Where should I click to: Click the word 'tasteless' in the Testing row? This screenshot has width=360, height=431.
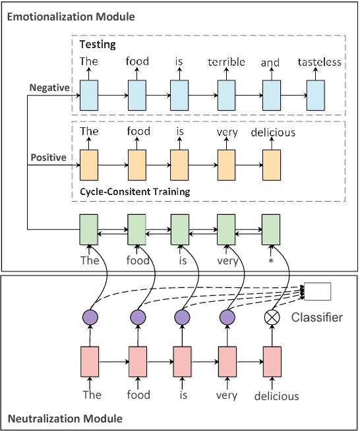320,63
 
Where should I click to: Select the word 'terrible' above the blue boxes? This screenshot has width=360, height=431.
226,62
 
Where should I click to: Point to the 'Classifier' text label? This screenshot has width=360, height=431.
317,318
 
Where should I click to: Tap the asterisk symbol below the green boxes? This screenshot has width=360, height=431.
271,261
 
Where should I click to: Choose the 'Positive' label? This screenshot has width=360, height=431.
48,158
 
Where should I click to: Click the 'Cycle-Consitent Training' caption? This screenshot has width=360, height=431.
135,192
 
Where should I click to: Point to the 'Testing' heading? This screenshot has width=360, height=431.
98,45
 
